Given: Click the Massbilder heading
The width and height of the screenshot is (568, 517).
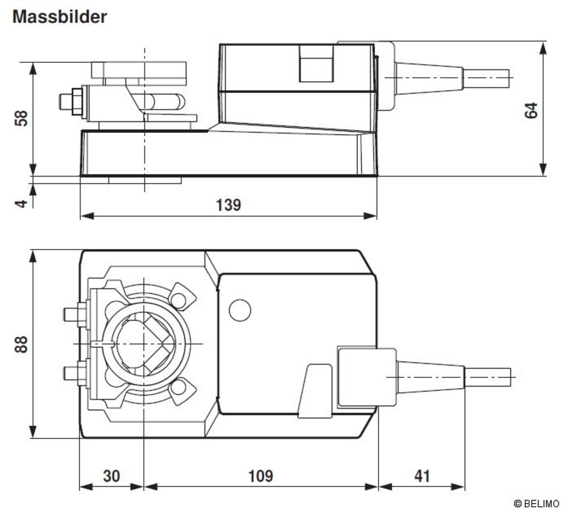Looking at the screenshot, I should (60, 16).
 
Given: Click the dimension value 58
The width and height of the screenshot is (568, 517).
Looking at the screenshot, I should (20, 119).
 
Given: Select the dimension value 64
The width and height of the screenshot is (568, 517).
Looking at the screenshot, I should (531, 110).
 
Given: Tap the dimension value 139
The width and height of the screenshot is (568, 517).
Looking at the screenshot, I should (228, 205).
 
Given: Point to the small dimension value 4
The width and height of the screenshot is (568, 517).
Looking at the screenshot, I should (20, 201).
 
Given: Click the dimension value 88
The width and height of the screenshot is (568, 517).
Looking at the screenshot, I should (20, 344).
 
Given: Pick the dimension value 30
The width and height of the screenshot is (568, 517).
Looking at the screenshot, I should (111, 476).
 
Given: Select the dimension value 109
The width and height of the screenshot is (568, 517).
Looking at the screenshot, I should (261, 476).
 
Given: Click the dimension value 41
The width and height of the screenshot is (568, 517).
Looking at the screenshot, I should (421, 476).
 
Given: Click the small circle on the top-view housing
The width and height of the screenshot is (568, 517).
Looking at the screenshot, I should (239, 310).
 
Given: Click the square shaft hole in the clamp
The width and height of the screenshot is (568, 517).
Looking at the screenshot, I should (145, 344).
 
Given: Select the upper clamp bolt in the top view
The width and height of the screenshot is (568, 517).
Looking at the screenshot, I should (74, 314).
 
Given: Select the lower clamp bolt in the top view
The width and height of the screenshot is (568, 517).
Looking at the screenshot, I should (74, 373).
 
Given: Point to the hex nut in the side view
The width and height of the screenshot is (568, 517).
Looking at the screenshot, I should (70, 102).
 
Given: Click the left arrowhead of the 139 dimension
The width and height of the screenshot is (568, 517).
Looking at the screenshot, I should (86, 216).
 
